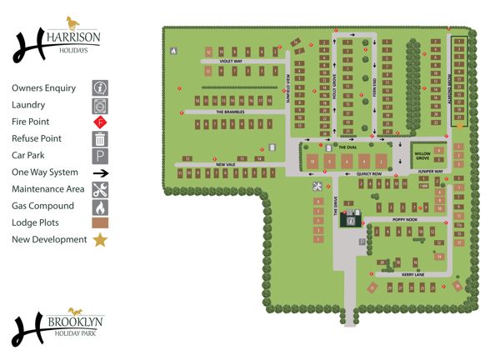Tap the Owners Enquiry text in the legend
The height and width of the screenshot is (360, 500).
click(44, 87)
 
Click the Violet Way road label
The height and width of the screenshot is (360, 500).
click(231, 61)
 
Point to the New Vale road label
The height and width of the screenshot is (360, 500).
click(227, 165)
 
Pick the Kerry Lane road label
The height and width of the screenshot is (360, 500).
click(413, 273)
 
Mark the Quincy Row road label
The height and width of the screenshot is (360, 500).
click(368, 173)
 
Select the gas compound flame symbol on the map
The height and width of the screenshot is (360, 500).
click(174, 50)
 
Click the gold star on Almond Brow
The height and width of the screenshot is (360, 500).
click(459, 125)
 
